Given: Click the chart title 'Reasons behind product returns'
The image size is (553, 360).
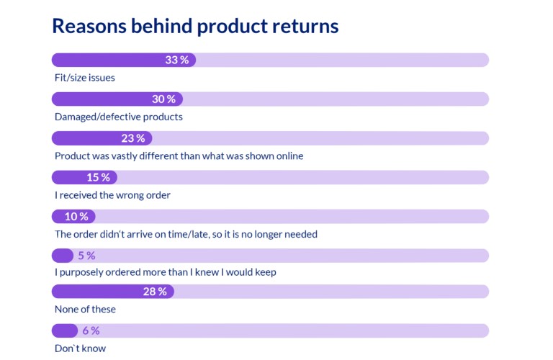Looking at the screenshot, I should pyautogui.click(x=195, y=27).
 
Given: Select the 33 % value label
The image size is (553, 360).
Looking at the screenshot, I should pyautogui.click(x=176, y=60).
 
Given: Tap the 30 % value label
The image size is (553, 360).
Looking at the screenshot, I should pyautogui.click(x=164, y=99).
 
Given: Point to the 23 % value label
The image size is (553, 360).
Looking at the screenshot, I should pyautogui.click(x=133, y=138).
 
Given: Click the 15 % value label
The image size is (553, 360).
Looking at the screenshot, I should pyautogui.click(x=98, y=177).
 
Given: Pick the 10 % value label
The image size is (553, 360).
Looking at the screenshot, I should pyautogui.click(x=76, y=216).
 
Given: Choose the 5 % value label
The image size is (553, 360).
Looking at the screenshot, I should pyautogui.click(x=86, y=256).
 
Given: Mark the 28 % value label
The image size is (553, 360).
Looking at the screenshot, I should pyautogui.click(x=155, y=292).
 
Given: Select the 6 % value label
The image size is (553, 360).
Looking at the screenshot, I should pyautogui.click(x=91, y=330).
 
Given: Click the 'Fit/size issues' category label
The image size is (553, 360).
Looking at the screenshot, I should pyautogui.click(x=85, y=77).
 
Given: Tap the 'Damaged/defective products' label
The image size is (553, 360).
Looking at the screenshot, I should pyautogui.click(x=119, y=116).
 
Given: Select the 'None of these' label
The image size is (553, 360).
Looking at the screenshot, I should pyautogui.click(x=85, y=309).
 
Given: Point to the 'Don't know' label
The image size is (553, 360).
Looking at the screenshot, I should pyautogui.click(x=80, y=348).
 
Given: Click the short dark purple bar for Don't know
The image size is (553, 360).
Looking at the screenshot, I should pyautogui.click(x=65, y=330).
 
